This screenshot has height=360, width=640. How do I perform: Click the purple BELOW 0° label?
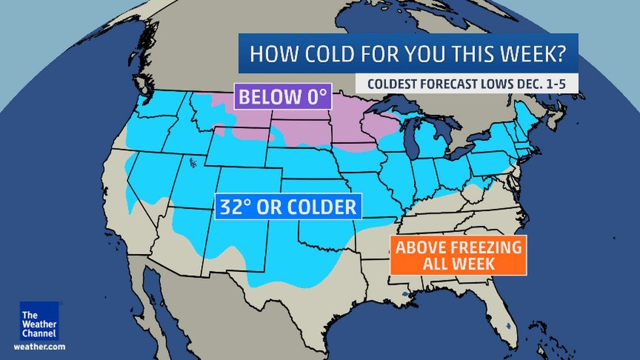coord(281,98)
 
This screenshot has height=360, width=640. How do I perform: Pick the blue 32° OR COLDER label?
coord(287,207)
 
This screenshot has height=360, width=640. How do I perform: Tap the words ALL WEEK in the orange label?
coord(457,264)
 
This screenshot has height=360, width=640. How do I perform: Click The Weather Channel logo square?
coord(39,321)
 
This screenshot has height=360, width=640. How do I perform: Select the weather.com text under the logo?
coord(39,347)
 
